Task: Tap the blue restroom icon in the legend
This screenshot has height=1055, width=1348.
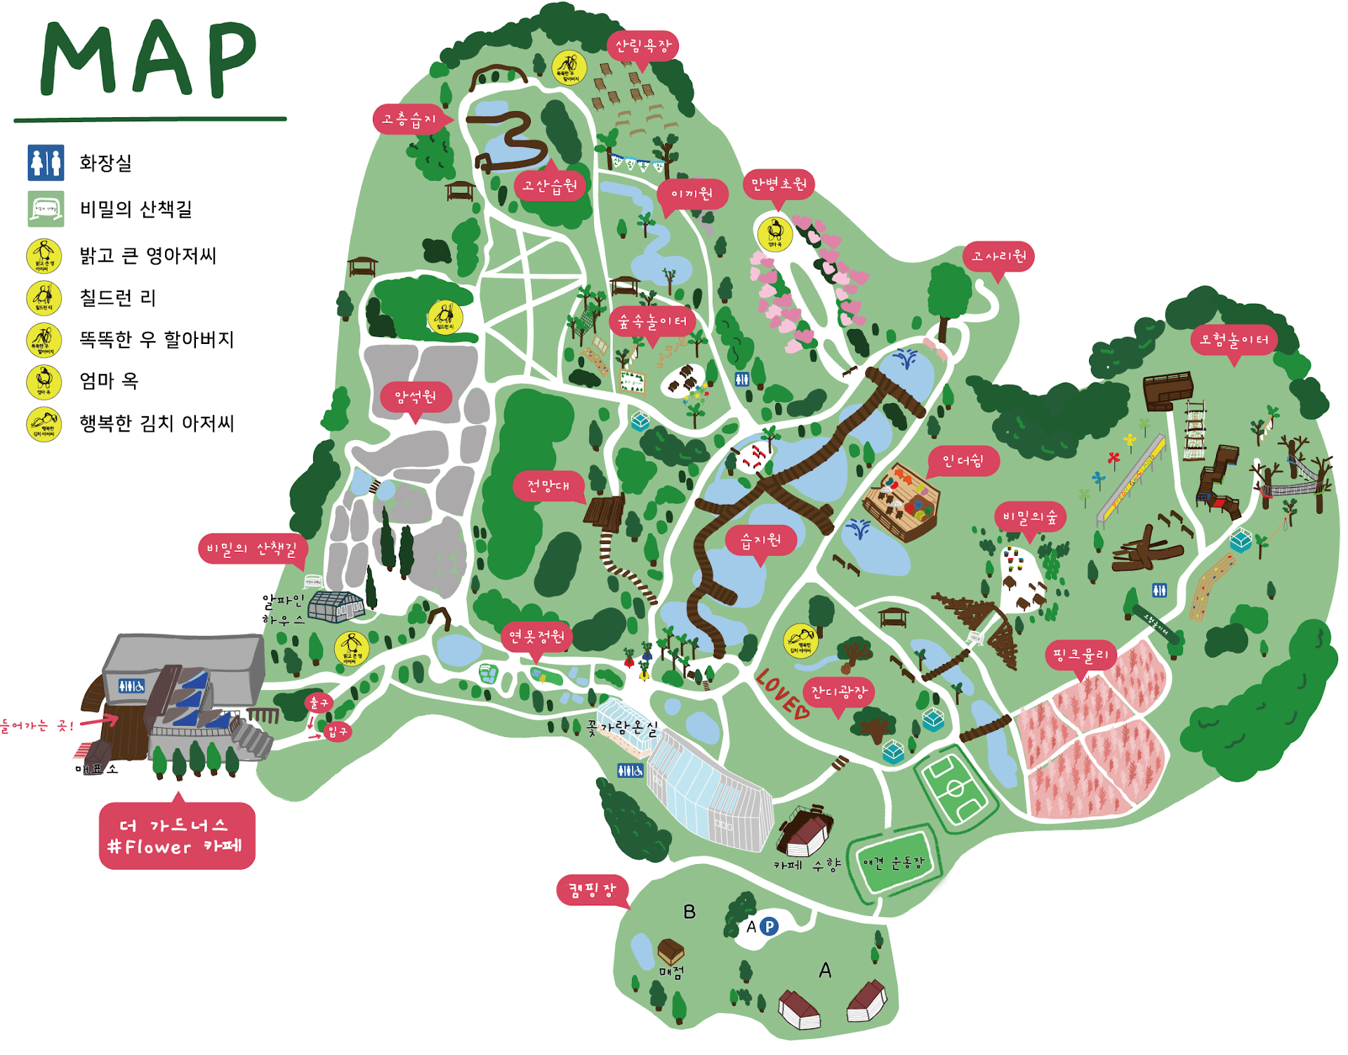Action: (46, 163)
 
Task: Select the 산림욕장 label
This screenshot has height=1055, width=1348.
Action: (642, 46)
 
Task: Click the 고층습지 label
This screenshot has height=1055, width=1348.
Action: (409, 119)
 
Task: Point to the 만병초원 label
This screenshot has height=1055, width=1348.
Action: (779, 185)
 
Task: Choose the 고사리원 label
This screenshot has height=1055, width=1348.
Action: (998, 256)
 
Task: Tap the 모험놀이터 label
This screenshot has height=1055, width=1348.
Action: (1234, 340)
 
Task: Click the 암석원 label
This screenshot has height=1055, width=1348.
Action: (415, 397)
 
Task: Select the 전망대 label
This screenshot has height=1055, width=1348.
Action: (548, 486)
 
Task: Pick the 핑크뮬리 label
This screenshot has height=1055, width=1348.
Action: (1081, 655)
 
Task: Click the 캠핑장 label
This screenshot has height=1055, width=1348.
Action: (592, 890)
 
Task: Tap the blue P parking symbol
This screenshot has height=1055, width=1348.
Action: (769, 927)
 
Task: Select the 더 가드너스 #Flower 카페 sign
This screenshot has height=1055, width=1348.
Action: (177, 836)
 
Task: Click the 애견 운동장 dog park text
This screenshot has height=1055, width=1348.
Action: (893, 863)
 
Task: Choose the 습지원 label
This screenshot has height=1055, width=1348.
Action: (761, 540)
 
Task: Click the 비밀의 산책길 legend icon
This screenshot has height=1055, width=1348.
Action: (46, 209)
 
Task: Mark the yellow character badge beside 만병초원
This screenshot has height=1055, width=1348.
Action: (775, 234)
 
